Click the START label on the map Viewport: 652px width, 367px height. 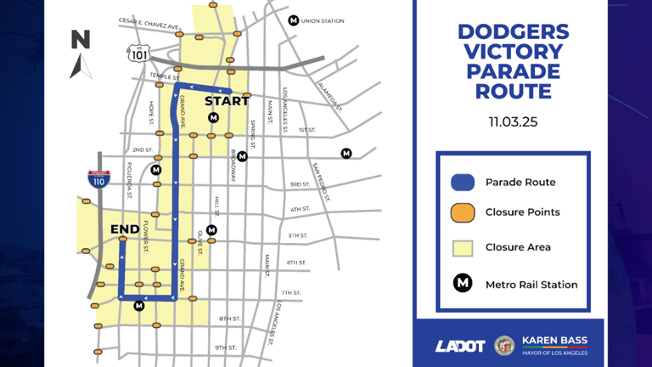(227, 101)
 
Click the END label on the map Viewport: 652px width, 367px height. (125, 229)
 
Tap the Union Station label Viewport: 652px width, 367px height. (323, 20)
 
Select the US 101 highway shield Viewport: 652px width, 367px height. (138, 53)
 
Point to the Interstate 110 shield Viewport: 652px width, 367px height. (98, 178)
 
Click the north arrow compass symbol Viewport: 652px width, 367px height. (81, 54)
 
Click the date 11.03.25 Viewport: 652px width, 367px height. (513, 121)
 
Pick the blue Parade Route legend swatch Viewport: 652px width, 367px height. (462, 182)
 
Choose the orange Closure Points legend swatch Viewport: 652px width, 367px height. (462, 212)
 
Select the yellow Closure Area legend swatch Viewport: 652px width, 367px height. (462, 247)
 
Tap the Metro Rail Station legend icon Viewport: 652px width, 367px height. (462, 284)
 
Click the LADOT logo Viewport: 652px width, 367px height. (459, 346)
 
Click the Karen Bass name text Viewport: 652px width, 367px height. (554, 340)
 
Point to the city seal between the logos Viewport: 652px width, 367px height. (504, 345)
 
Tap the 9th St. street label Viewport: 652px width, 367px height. (225, 347)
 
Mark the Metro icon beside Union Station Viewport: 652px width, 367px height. (294, 20)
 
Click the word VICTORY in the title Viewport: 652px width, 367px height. (513, 51)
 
